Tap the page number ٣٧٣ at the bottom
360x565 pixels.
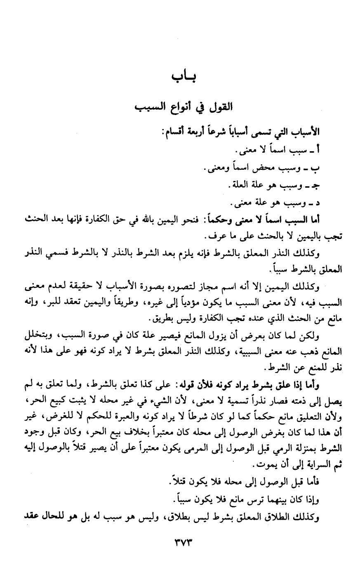(x=181, y=539)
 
